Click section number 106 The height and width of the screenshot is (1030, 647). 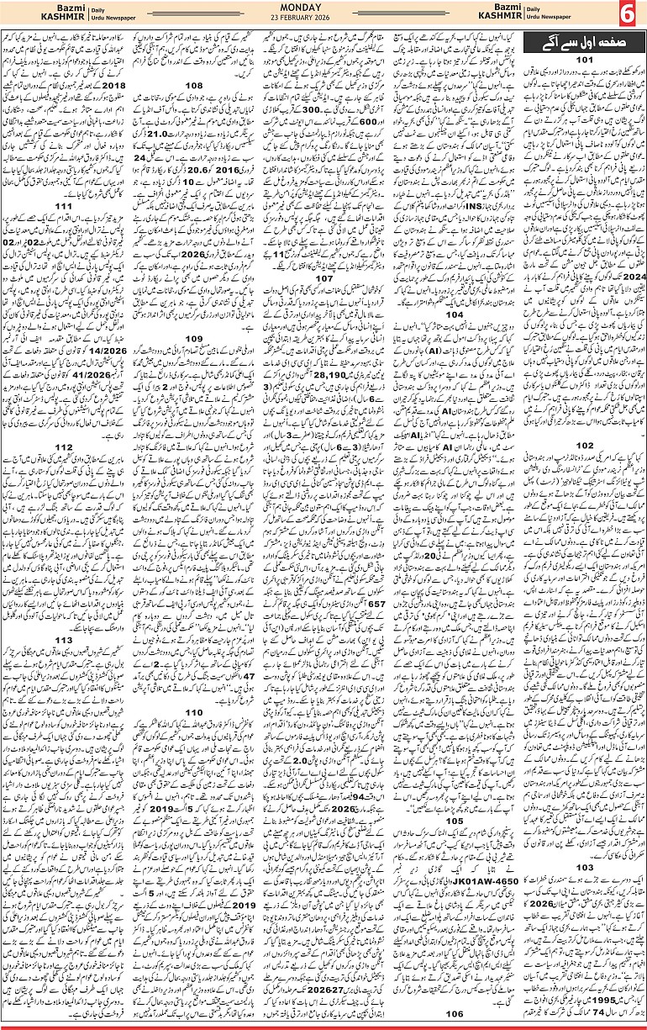pyautogui.click(x=454, y=1013)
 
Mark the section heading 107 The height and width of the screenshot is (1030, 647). pyautogui.click(x=324, y=253)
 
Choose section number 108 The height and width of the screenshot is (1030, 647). pyautogui.click(x=194, y=85)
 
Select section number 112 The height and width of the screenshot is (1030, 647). pyautogui.click(x=64, y=446)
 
